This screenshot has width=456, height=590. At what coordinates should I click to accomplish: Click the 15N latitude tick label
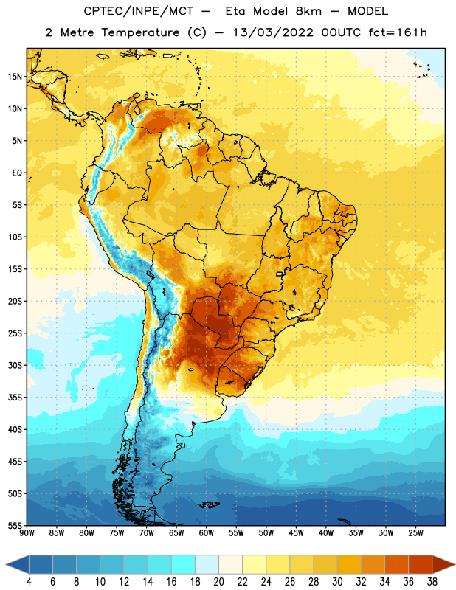pyautogui.click(x=15, y=77)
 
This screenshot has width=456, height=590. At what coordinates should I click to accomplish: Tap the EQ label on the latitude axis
pyautogui.click(x=17, y=173)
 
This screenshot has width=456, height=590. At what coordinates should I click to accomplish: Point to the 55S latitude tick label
pyautogui.click(x=15, y=525)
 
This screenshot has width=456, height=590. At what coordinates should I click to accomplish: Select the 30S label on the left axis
pyautogui.click(x=15, y=365)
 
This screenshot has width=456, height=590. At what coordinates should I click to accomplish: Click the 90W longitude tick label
pyautogui.click(x=27, y=533)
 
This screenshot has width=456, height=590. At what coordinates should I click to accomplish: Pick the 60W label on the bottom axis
pyautogui.click(x=207, y=533)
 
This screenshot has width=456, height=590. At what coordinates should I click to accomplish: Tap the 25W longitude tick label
pyautogui.click(x=415, y=533)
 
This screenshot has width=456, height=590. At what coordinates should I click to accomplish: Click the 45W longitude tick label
pyautogui.click(x=296, y=533)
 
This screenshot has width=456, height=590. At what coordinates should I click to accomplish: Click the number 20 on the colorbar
pyautogui.click(x=218, y=582)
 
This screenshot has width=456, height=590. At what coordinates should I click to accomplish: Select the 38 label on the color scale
pyautogui.click(x=432, y=582)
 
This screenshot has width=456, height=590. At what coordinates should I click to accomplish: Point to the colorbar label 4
pyautogui.click(x=29, y=582)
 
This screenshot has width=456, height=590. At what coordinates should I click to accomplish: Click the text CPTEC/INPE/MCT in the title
pyautogui.click(x=139, y=11)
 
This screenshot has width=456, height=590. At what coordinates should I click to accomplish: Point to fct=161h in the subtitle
pyautogui.click(x=398, y=32)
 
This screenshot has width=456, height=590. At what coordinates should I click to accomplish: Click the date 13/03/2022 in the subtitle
pyautogui.click(x=273, y=32)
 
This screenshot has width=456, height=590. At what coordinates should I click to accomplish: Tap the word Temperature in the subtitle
pyautogui.click(x=140, y=32)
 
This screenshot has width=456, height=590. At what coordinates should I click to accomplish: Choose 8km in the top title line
pyautogui.click(x=308, y=11)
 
